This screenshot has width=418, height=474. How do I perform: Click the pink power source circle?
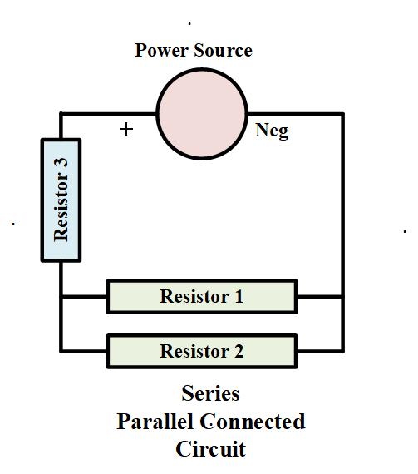[x=202, y=112]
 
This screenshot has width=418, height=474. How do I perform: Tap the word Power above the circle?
[x=163, y=51]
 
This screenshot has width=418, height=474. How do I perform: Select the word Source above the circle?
[x=224, y=51]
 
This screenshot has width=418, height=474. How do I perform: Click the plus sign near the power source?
[x=126, y=129]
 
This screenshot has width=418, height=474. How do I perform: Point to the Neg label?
[x=272, y=131]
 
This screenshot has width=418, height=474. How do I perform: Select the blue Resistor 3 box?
[x=61, y=200]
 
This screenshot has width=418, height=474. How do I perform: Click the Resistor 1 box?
[x=202, y=297]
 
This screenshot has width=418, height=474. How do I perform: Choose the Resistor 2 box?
[x=202, y=351]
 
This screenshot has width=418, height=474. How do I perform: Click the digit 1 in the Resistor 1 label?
[x=239, y=297]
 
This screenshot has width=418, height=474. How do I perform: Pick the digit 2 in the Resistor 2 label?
[x=239, y=351]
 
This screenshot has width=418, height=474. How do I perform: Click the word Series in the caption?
[x=210, y=393]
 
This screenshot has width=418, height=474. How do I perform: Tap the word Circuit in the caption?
[x=210, y=450]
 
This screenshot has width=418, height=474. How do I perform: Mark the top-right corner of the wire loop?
[x=342, y=112]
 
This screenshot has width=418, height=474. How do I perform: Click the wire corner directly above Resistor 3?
[x=61, y=112]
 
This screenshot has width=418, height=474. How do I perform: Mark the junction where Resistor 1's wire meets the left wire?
[x=61, y=296]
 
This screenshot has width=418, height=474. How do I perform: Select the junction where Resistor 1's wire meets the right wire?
[x=342, y=296]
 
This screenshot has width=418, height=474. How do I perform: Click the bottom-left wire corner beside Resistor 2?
[x=61, y=350]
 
